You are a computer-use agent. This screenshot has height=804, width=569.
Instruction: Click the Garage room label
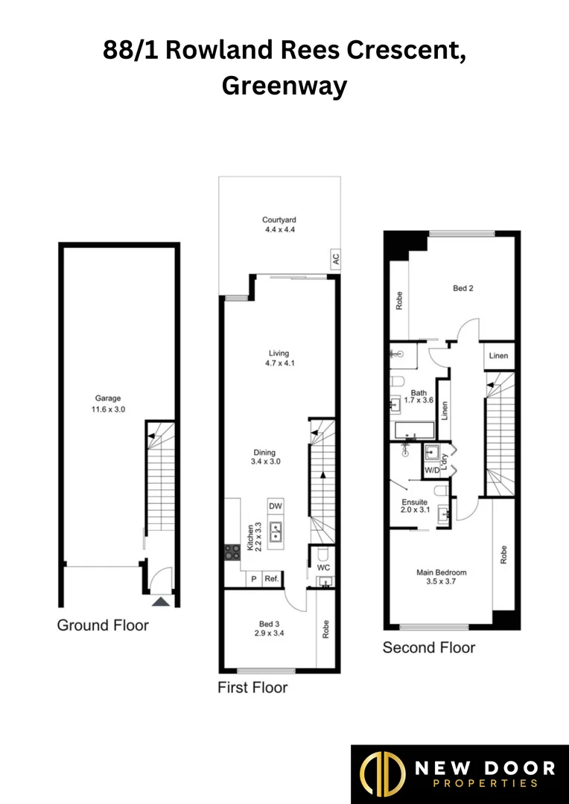coord(107,398)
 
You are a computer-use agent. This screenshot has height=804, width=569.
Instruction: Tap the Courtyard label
coord(279,220)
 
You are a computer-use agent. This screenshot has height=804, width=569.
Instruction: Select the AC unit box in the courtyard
coord(335,260)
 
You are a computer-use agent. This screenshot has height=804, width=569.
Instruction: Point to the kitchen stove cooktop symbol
coord(232,552)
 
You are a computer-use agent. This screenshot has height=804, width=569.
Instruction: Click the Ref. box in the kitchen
coord(271,578)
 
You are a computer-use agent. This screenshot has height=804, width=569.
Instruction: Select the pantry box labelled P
coord(253,578)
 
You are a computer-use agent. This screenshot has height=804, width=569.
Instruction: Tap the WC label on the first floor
coord(323,567)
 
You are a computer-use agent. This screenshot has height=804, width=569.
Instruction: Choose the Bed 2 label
coord(463,288)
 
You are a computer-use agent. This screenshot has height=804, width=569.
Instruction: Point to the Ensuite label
coord(415,502)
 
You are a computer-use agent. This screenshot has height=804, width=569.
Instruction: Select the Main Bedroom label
coord(442,572)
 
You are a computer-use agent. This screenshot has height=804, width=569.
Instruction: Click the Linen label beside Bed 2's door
coord(498,356)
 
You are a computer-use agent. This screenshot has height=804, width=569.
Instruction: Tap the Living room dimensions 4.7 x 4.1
coord(279,363)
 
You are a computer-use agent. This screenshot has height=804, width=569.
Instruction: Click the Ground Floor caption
coord(103,625)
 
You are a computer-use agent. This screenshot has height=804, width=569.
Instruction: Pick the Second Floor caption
coord(428,648)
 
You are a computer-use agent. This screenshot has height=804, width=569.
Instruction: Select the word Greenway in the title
coord(284,86)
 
